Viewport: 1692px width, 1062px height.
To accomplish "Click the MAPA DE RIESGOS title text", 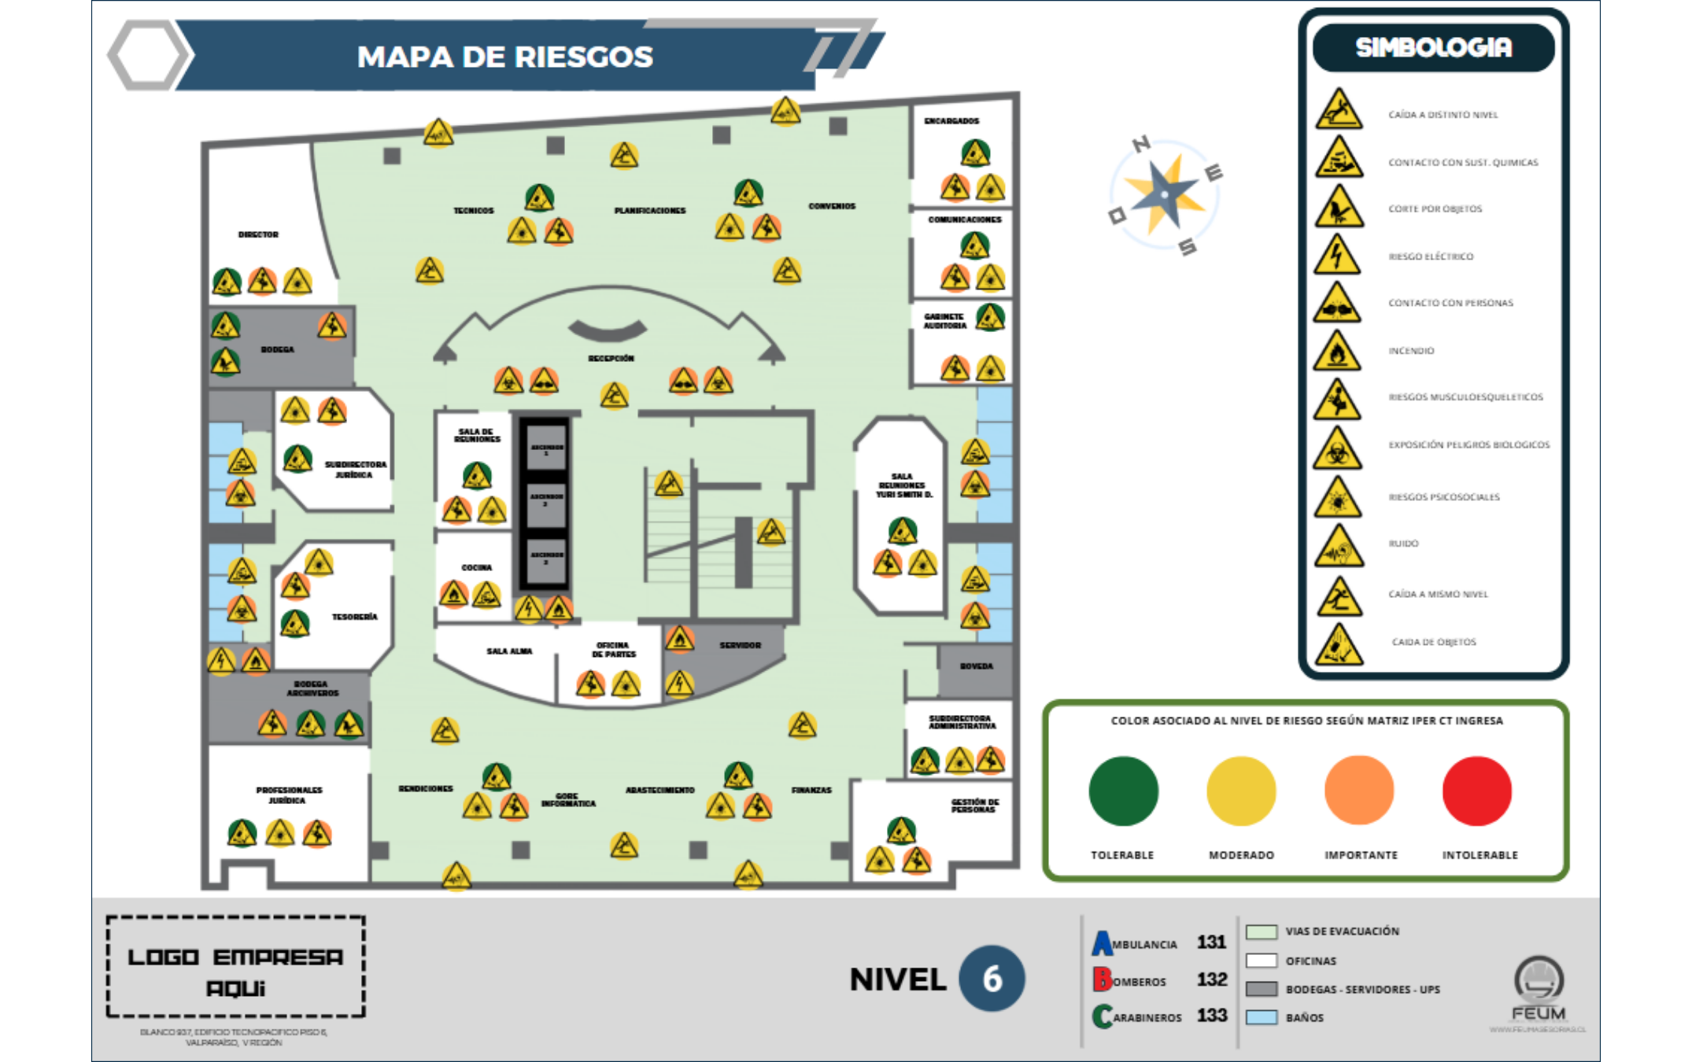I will [504, 57].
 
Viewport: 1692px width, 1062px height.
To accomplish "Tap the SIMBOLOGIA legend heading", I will [1433, 48].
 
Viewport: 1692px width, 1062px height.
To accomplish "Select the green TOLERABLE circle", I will [1123, 791].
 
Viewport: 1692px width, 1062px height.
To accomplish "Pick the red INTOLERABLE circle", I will [1476, 791].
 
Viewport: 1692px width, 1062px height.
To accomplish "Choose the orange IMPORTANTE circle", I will [1359, 791].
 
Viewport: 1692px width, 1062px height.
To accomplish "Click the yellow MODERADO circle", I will [1241, 791].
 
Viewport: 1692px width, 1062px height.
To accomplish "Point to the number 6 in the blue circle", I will [992, 979].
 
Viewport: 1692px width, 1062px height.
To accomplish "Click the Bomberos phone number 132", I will [1212, 979].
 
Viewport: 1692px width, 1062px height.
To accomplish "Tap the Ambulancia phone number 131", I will [1212, 942].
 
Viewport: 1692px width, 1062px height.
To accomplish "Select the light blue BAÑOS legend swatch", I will [1262, 1017].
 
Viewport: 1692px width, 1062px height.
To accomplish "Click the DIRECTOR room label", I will [258, 234].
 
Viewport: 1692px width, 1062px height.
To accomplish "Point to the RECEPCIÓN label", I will [611, 358].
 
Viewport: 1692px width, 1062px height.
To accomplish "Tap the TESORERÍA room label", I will [354, 617].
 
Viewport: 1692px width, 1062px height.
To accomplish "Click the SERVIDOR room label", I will [740, 645].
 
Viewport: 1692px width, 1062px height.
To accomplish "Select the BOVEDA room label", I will [976, 666].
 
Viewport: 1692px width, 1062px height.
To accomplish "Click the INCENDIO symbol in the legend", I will [1337, 351].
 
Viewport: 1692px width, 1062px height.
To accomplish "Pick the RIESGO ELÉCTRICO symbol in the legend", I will [1337, 256].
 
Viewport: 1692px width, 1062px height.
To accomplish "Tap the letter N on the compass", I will [1141, 144].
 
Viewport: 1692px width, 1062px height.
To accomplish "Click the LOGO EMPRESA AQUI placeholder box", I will [235, 967].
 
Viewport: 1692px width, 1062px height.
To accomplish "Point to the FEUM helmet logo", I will [1539, 979].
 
